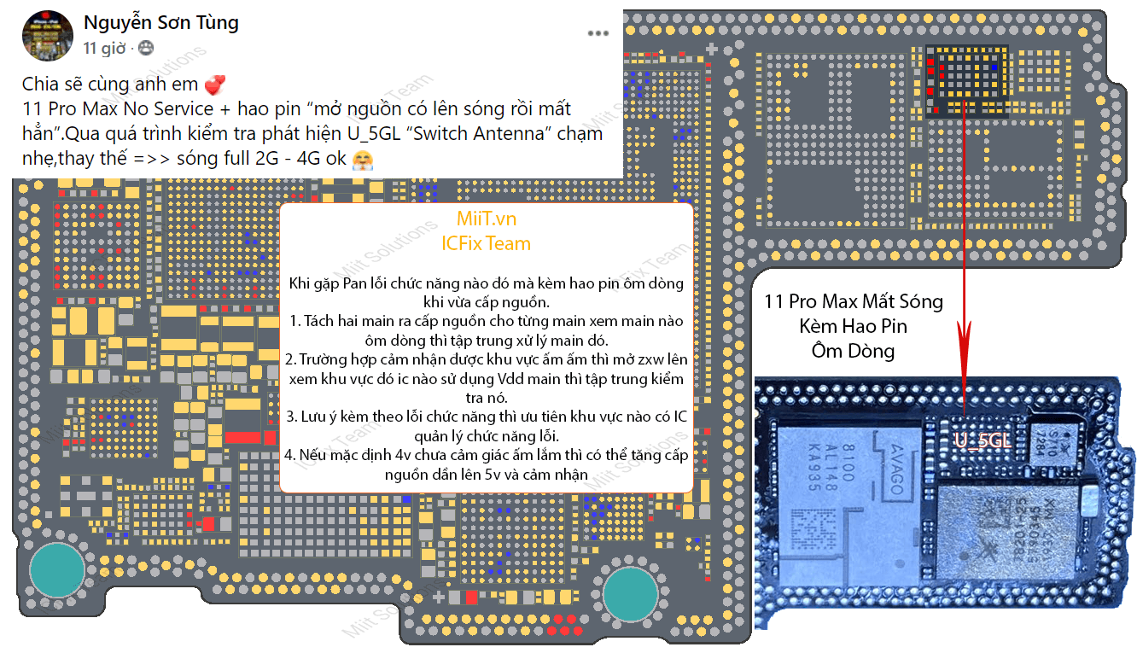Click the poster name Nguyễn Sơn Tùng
point(161,23)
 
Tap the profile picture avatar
point(47,36)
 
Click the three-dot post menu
point(598,33)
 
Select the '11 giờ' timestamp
point(104,49)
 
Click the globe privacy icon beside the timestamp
point(146,49)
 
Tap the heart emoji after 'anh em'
point(215,85)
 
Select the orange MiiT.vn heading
point(486,219)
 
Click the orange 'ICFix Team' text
point(486,243)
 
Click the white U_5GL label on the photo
point(982,440)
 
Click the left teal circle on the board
point(57,570)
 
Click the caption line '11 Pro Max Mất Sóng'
point(854,301)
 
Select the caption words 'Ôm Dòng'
point(854,351)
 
